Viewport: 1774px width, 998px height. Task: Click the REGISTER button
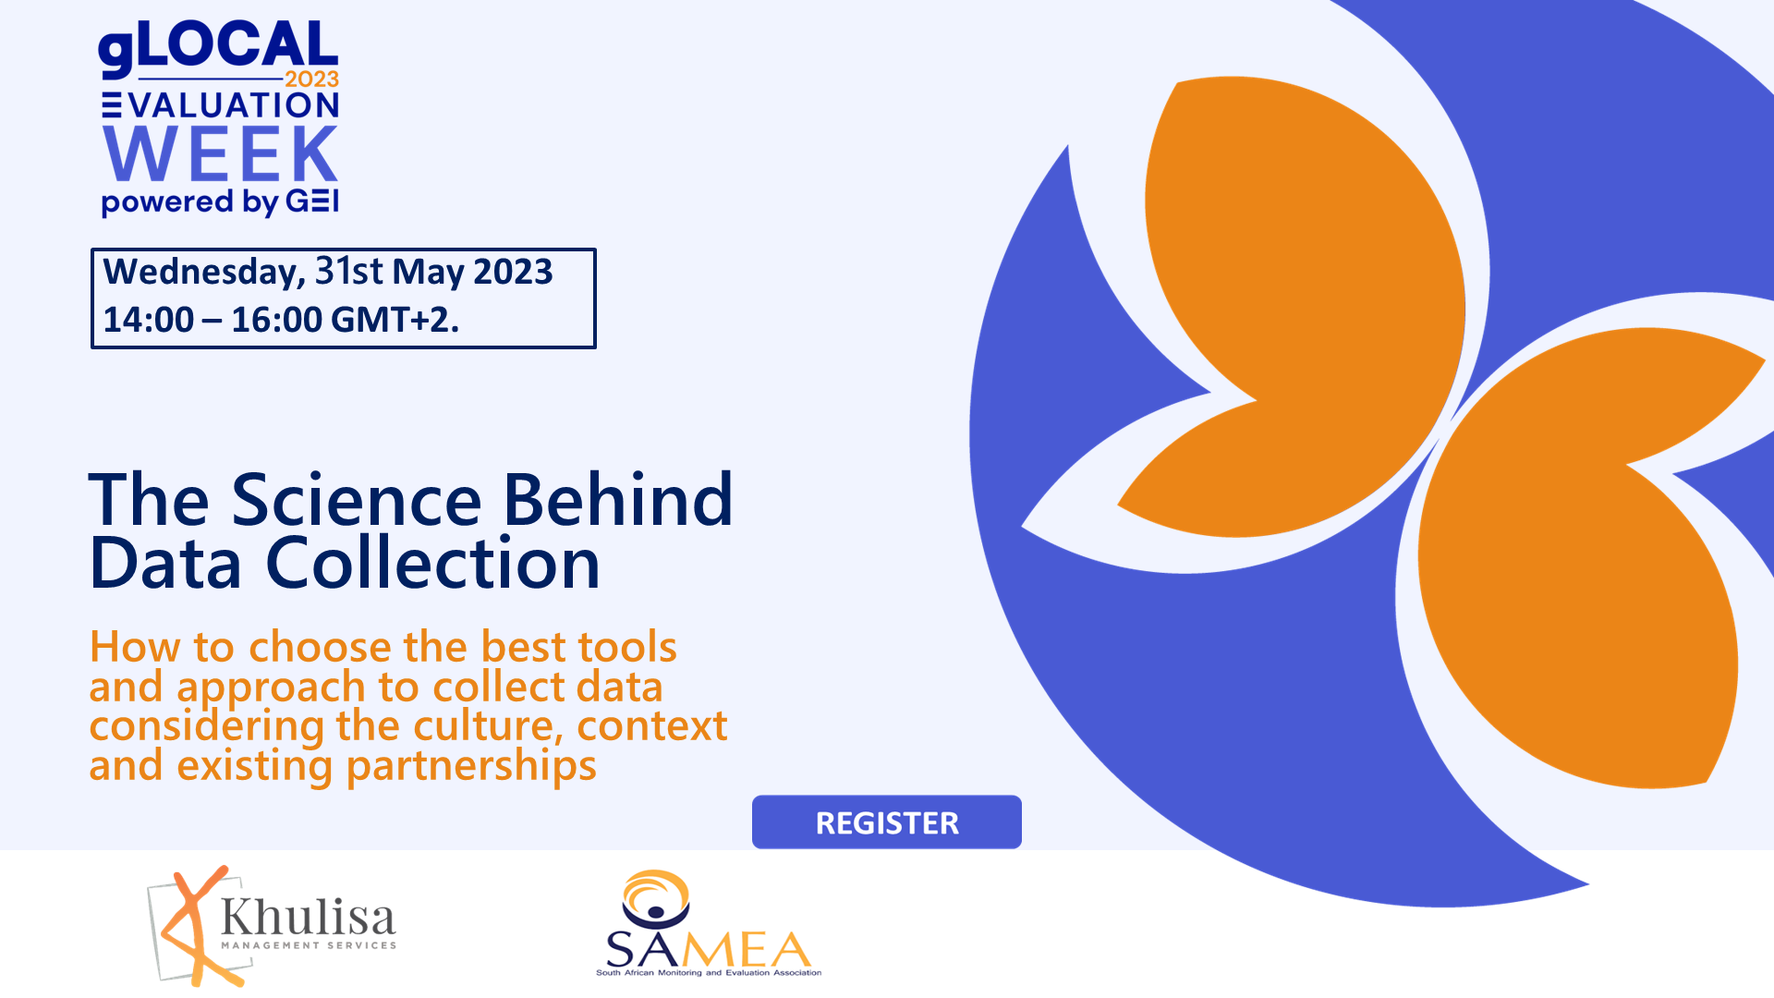coord(887,822)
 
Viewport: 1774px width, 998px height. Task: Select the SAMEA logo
coord(709,923)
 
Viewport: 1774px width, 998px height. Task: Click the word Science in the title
coord(356,500)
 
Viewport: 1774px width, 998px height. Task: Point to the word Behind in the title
coord(618,500)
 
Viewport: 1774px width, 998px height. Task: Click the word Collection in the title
coord(433,563)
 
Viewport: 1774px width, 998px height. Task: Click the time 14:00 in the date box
coord(148,320)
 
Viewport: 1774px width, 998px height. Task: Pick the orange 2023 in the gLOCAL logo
coord(311,79)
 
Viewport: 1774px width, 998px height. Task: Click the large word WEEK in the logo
coord(221,153)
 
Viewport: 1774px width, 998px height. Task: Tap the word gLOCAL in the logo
coord(218,47)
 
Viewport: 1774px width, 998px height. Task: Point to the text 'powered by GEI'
coord(221,202)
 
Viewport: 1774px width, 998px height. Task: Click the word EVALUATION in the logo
coord(221,105)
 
